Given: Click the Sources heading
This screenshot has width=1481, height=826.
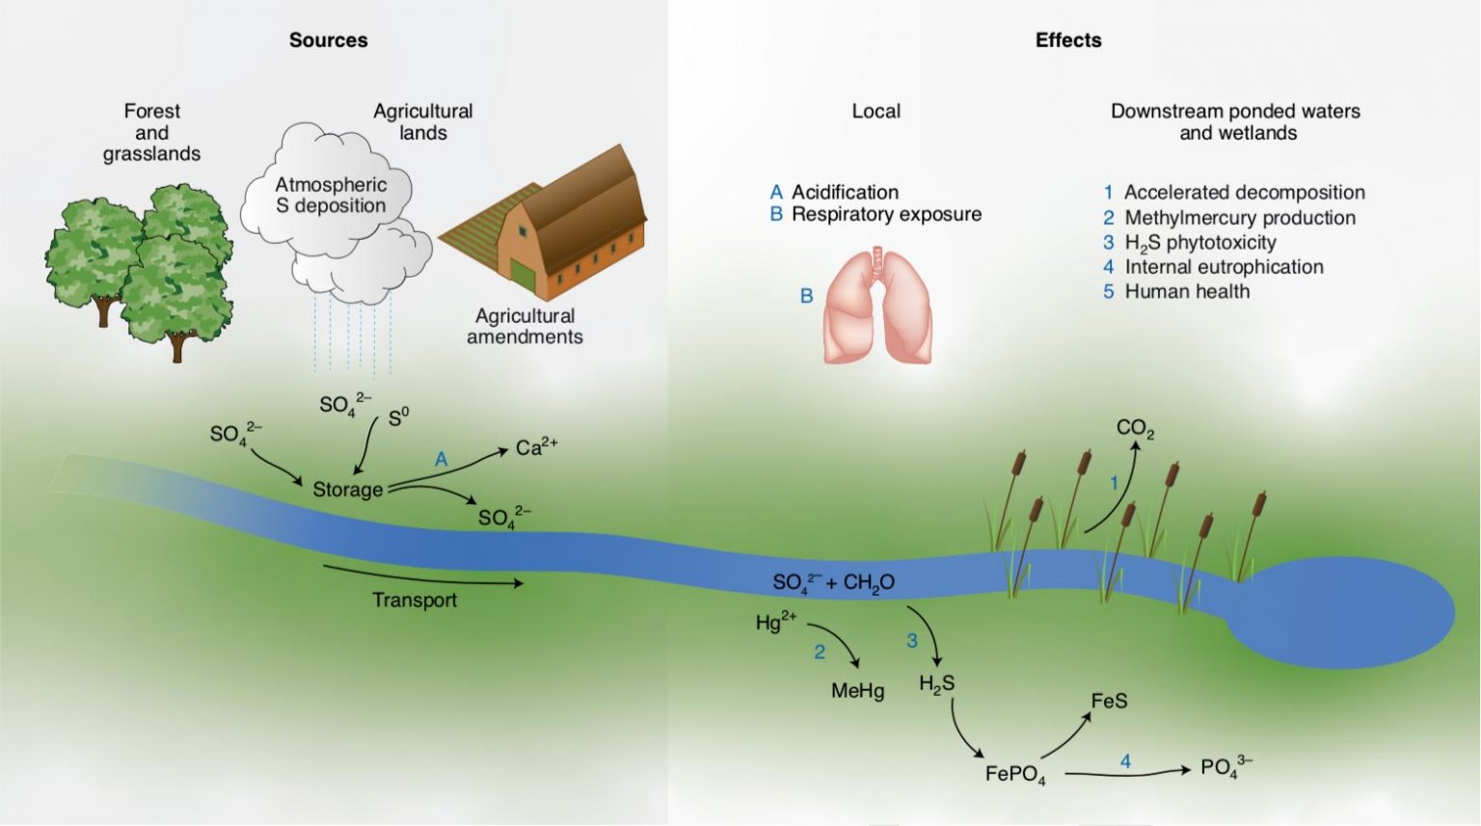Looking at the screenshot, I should [x=328, y=40].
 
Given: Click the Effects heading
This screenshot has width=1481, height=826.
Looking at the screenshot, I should [x=1067, y=40].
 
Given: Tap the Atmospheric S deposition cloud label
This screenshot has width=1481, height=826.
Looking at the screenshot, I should [x=331, y=195].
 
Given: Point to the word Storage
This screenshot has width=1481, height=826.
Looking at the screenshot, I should [x=347, y=490].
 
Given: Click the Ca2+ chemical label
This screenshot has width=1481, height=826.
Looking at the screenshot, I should [x=536, y=447].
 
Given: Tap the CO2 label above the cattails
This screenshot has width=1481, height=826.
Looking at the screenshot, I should [x=1135, y=428].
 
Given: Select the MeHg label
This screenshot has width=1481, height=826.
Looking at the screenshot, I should [x=857, y=691].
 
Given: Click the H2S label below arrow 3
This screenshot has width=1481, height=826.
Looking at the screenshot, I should [x=936, y=684].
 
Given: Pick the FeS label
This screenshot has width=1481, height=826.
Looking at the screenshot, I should [x=1109, y=701].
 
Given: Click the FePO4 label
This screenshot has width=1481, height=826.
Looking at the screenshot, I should [x=1014, y=774].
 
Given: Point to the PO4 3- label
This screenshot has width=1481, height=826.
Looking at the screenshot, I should [x=1225, y=767].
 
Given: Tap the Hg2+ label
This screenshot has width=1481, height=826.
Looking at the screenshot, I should [x=775, y=622].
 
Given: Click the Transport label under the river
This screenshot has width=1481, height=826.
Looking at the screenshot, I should [x=415, y=600].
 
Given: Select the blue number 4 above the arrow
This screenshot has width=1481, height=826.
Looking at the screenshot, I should [x=1125, y=761].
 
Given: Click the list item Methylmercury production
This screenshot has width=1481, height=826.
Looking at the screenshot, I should [x=1239, y=218].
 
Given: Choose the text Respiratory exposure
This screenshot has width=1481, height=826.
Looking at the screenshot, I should [x=886, y=214].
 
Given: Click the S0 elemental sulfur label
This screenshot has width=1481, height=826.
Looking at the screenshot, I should [x=398, y=417].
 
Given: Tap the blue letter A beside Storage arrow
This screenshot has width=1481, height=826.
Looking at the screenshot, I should [x=441, y=460].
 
